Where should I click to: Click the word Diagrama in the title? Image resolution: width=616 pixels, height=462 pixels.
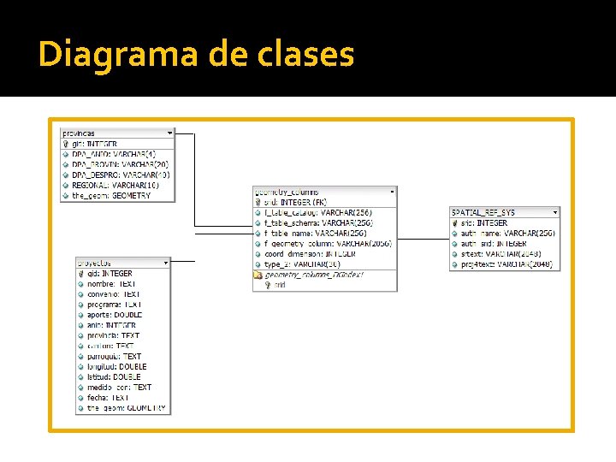pyautogui.click(x=117, y=54)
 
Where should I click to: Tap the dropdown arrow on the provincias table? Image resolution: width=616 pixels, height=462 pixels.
pyautogui.click(x=169, y=133)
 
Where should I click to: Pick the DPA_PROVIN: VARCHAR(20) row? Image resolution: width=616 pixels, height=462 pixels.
pyautogui.click(x=120, y=164)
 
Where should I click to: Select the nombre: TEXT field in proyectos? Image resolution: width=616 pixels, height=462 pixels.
pyautogui.click(x=111, y=284)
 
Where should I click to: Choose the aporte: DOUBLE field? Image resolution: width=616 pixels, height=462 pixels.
pyautogui.click(x=114, y=315)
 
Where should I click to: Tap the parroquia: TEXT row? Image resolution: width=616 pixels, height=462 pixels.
pyautogui.click(x=114, y=356)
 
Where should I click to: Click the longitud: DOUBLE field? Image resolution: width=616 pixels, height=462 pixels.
pyautogui.click(x=116, y=366)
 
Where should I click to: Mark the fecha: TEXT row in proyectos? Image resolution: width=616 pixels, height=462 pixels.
pyautogui.click(x=108, y=397)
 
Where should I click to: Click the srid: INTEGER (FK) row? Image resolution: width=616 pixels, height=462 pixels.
pyautogui.click(x=295, y=202)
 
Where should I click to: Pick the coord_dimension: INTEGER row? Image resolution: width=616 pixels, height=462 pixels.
pyautogui.click(x=310, y=253)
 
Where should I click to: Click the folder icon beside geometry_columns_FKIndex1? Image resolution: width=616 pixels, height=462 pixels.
pyautogui.click(x=258, y=275)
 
